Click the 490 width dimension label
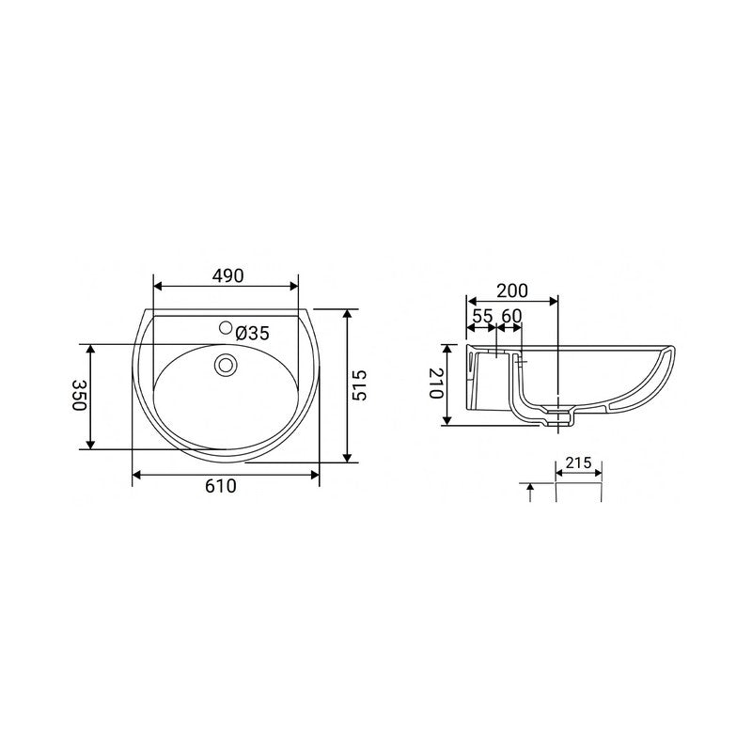pyautogui.click(x=227, y=275)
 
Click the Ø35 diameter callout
pyautogui.click(x=253, y=333)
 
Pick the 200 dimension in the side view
pyautogui.click(x=512, y=290)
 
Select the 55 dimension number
pyautogui.click(x=481, y=316)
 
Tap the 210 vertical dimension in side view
pyautogui.click(x=435, y=384)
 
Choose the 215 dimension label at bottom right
pyautogui.click(x=578, y=463)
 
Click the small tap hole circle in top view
pyautogui.click(x=225, y=328)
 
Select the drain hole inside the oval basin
pyautogui.click(x=226, y=364)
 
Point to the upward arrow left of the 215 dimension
pyautogui.click(x=532, y=489)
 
